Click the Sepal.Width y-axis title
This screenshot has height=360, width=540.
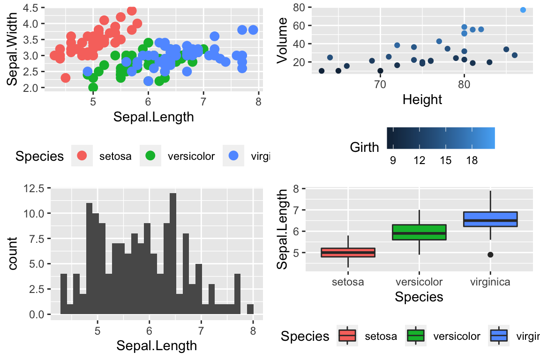pos(13,49)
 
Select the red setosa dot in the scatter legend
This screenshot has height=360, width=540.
pos(82,156)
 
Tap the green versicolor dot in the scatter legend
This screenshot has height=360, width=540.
pos(151,156)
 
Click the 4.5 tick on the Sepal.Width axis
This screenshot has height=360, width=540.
pos(30,7)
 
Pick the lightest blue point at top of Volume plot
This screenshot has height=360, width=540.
pos(523,10)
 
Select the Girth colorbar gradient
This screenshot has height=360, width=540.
pos(441,138)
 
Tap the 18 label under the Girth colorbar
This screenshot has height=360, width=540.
pos(472,161)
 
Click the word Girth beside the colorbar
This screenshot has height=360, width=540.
pos(364,148)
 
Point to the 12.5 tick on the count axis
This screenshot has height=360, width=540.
pos(34,188)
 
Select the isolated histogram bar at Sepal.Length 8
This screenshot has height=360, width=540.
pos(250,309)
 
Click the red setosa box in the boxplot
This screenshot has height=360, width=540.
pos(348,253)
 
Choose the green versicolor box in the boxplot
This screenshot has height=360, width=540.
pos(419,232)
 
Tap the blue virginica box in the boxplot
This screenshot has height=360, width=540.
pos(490,219)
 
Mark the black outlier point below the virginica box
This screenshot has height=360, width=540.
pos(490,255)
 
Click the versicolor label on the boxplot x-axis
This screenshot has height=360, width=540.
pos(419,282)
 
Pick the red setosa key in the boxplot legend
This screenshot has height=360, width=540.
pos(347,336)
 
